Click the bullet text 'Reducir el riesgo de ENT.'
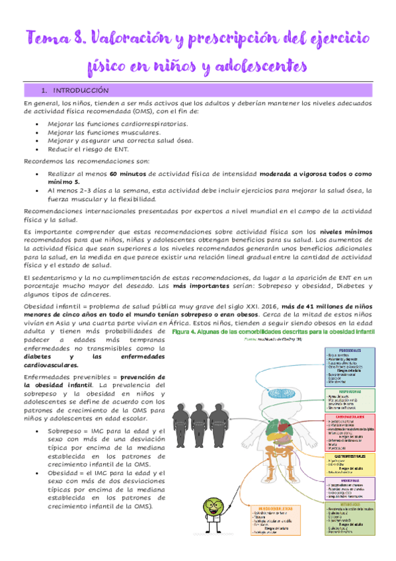(x=88, y=149)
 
